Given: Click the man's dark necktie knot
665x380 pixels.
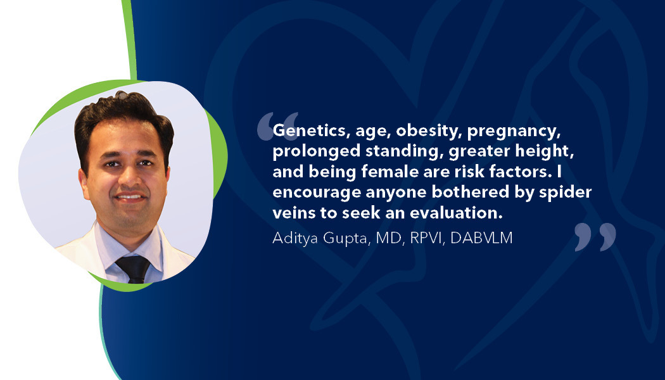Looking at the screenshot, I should click(134, 265).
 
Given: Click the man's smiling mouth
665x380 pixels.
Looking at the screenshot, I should click(132, 198).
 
